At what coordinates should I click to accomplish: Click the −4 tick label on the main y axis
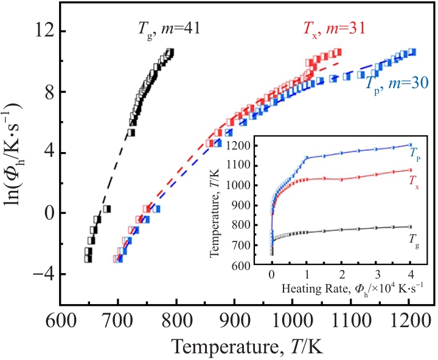tap(37, 274)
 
